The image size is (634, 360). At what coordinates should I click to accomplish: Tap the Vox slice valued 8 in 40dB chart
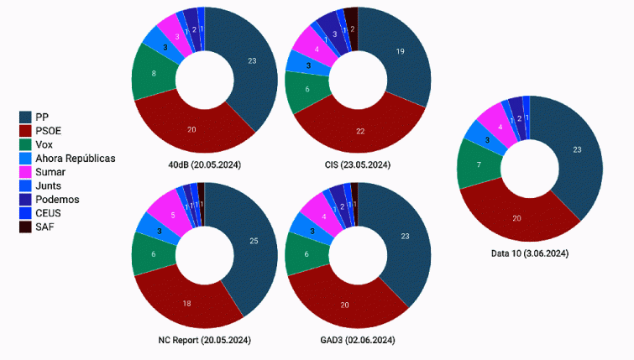pos(152,74)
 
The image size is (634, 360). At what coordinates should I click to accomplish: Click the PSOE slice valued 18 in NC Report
pos(187,302)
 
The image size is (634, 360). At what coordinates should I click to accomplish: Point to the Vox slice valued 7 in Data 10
pos(477,164)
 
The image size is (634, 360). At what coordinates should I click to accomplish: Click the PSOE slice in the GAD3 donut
pos(344,304)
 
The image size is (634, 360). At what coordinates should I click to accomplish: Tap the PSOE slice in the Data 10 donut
pos(515,218)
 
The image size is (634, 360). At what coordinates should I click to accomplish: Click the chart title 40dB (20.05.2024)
pos(204,164)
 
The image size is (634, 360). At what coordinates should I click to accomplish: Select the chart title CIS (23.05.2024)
pos(357,164)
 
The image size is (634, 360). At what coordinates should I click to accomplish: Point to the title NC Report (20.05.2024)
pos(204,340)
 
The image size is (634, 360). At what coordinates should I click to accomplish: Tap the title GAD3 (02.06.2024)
pos(358,340)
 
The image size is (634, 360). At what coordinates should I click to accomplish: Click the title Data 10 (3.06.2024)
pos(529,253)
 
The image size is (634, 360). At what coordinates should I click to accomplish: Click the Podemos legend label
pos(57,199)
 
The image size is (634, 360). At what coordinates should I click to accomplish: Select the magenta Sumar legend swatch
pos(26,172)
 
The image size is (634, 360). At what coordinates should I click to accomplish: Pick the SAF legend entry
pos(46,227)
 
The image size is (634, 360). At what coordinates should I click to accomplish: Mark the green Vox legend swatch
pos(26,144)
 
